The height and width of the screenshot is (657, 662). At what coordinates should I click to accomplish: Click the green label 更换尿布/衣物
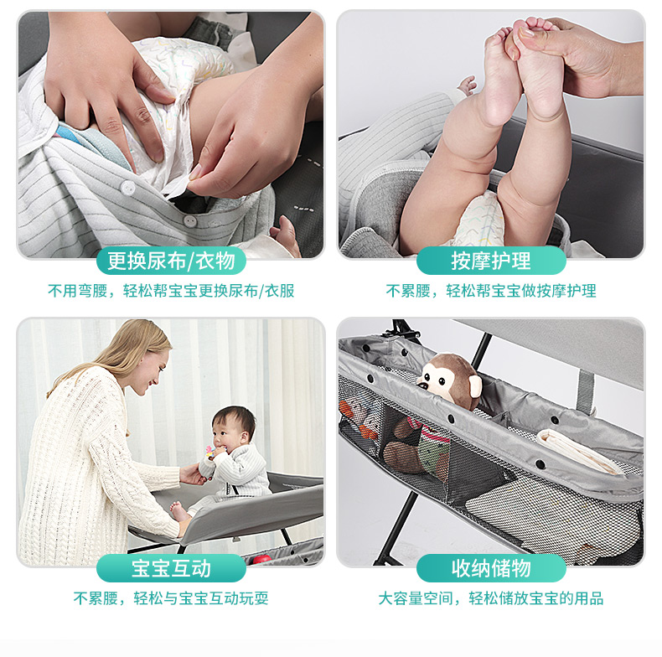coord(171,261)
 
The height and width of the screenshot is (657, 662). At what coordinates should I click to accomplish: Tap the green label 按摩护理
coord(491,261)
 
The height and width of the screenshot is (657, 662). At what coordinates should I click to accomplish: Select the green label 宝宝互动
coord(171,568)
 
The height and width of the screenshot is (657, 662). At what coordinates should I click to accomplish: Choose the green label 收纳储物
coord(491,568)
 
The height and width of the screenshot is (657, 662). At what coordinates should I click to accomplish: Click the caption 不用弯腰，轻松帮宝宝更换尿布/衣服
coord(171,291)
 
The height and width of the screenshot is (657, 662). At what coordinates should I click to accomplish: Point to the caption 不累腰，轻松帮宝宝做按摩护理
coord(491,291)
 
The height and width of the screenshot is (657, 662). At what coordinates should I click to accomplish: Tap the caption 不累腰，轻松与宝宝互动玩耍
coord(171,598)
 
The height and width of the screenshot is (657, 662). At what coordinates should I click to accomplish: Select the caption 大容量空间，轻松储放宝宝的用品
coord(491,598)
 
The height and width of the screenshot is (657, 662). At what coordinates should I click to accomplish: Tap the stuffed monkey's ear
coord(475,385)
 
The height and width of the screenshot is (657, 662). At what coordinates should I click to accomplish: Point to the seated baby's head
coord(234,427)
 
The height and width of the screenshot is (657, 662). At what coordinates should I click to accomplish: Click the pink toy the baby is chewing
coord(209,452)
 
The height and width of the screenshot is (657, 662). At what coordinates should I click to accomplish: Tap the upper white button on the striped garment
coord(127,188)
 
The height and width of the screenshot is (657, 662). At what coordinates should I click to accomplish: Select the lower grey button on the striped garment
coord(190,221)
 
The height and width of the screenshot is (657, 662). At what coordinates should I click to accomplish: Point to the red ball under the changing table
coord(261,560)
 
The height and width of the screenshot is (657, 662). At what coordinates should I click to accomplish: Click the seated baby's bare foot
coord(178,512)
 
